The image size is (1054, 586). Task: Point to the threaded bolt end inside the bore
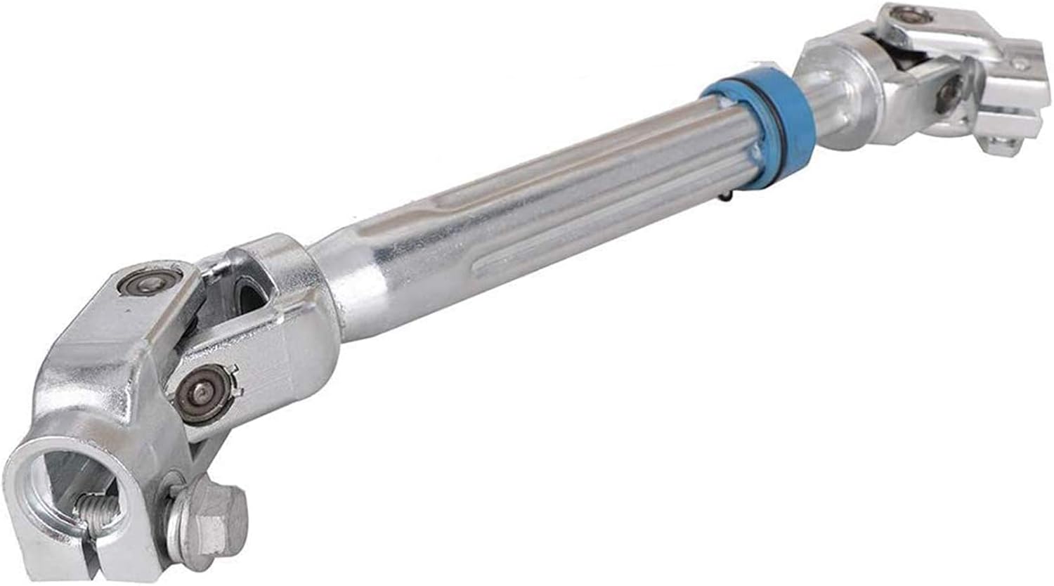[x=98, y=507]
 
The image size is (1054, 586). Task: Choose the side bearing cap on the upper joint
[x=952, y=90]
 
